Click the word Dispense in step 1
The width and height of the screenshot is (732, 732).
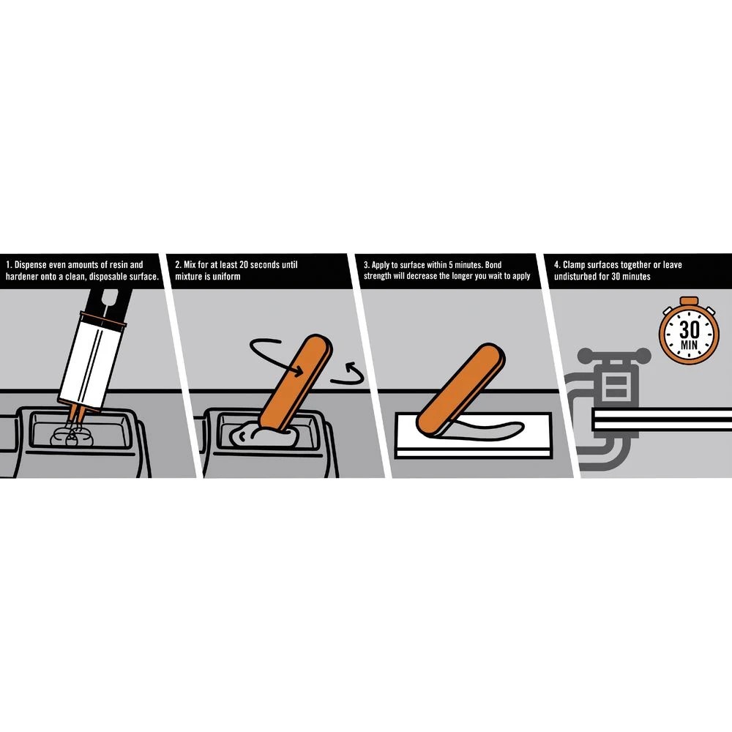point(30,265)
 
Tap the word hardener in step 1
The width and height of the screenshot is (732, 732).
point(21,277)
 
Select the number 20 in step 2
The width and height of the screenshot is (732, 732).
point(244,265)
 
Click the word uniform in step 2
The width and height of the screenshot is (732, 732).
point(226,277)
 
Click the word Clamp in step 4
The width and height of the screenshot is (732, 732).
point(574,265)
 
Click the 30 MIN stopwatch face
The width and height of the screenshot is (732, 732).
point(689,332)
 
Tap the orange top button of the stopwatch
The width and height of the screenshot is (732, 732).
point(689,301)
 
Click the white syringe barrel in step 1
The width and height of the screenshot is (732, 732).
point(92,359)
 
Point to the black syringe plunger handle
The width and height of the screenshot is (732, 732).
point(109,302)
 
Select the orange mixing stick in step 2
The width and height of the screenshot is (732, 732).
point(296,381)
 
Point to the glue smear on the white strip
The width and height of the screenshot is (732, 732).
point(485,428)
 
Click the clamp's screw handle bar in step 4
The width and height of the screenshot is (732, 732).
point(614,355)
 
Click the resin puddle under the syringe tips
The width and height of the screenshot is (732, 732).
point(72,436)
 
